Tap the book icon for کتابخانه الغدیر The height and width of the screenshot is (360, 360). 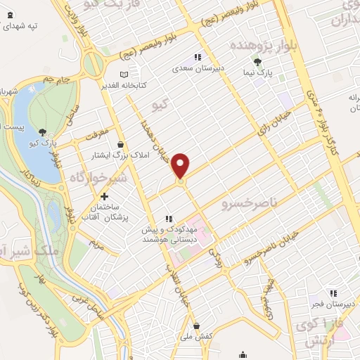click(124, 74)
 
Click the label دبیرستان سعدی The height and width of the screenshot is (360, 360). click(198, 69)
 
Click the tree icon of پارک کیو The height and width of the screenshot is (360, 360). click(44, 131)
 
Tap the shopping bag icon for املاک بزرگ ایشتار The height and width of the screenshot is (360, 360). click(121, 144)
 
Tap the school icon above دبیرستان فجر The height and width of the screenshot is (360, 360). click(335, 293)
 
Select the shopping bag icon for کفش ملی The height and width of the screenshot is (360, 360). click(197, 326)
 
